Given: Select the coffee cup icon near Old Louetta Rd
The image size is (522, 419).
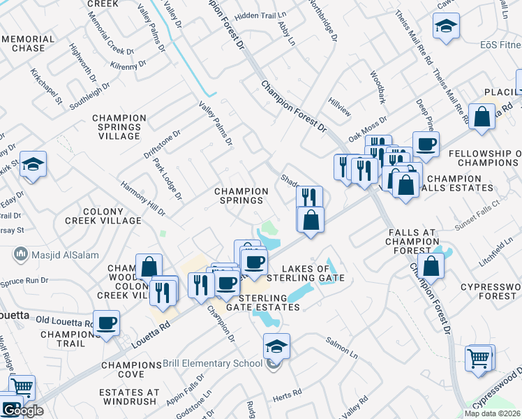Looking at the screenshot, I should pyautogui.click(x=106, y=324).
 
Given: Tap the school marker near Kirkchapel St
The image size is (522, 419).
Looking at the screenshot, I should pyautogui.click(x=33, y=165).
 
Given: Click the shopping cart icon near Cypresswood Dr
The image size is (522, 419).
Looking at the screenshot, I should pyautogui.click(x=479, y=359).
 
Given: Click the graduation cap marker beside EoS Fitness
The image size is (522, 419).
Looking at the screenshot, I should pyautogui.click(x=446, y=29).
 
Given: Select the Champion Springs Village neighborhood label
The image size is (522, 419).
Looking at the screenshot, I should pyautogui.click(x=119, y=127).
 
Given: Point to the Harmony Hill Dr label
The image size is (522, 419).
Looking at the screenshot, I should pyautogui.click(x=142, y=198).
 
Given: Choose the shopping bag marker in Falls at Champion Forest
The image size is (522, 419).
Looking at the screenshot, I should pyautogui.click(x=432, y=266).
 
